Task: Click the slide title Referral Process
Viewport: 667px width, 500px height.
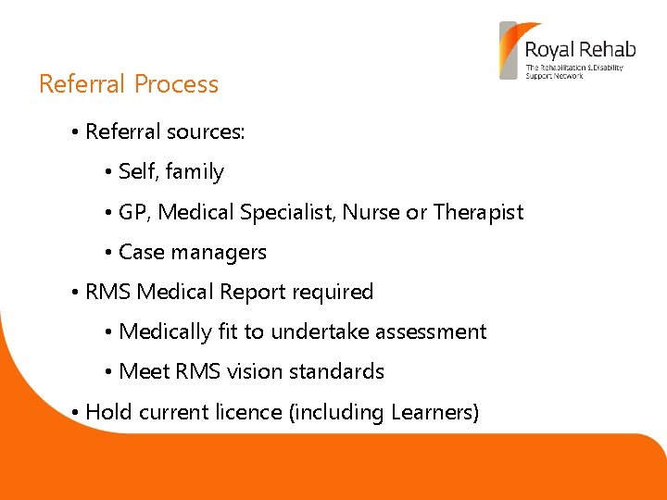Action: [x=129, y=84]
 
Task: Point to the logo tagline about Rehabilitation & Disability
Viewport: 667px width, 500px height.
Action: [x=573, y=71]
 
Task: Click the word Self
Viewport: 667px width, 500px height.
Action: [x=138, y=172]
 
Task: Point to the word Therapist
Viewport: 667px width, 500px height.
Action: [x=478, y=212]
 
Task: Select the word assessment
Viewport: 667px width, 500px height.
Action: [x=430, y=331]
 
